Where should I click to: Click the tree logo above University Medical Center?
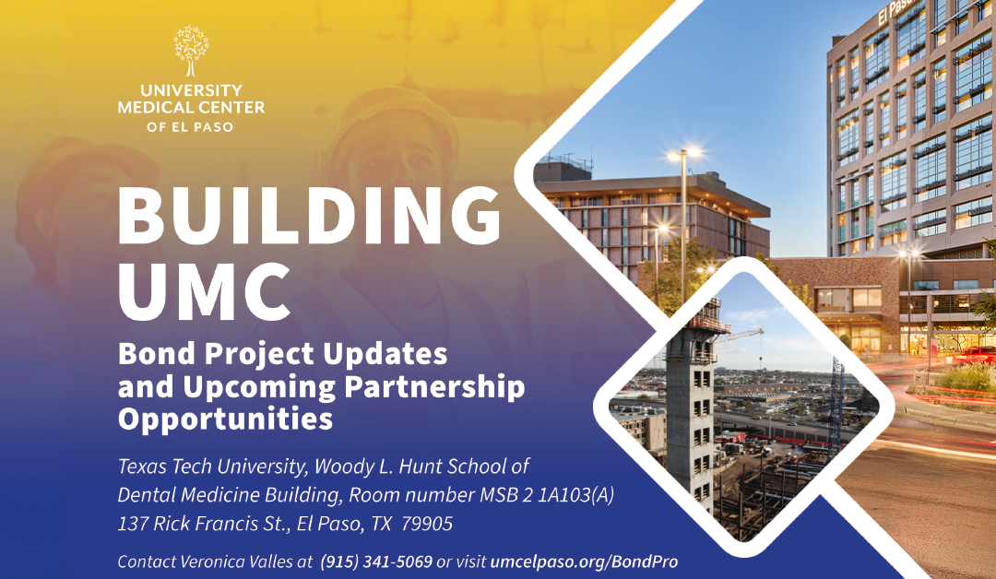pyautogui.click(x=191, y=50)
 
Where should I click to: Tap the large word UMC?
pyautogui.click(x=205, y=289)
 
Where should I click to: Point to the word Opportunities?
pyautogui.click(x=225, y=419)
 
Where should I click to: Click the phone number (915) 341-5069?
pyautogui.click(x=376, y=561)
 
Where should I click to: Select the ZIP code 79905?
pyautogui.click(x=428, y=524)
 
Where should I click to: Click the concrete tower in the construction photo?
pyautogui.click(x=692, y=406)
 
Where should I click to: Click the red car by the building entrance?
pyautogui.click(x=977, y=355)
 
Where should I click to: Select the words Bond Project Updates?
pyautogui.click(x=282, y=355)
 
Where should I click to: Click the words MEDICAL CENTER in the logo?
pyautogui.click(x=191, y=108)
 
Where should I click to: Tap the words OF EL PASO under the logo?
pyautogui.click(x=191, y=126)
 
